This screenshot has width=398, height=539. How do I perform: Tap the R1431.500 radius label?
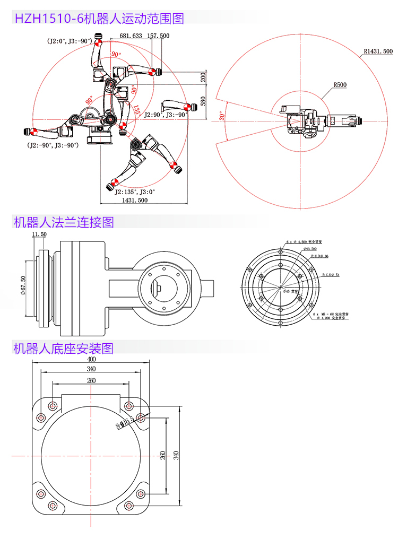coord(378,51)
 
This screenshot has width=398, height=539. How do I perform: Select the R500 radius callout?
coord(340,85)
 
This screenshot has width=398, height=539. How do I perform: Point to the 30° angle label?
coord(222,116)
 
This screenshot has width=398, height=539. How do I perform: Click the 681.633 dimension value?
coord(131,36)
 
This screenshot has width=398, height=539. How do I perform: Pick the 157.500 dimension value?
coord(158,36)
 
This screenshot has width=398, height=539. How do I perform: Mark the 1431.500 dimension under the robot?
coord(135,201)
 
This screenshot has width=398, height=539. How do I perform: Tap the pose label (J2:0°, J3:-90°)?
coord(69,41)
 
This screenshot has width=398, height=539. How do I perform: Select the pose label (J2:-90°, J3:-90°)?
coord(54,145)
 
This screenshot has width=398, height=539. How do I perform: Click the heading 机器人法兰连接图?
coord(63,222)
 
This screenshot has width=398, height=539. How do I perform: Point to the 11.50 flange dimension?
coord(39,234)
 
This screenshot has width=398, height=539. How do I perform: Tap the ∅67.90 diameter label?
coord(22,287)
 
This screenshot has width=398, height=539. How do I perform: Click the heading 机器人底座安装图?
coord(63,349)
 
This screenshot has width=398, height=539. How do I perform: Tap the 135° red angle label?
coord(137,110)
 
